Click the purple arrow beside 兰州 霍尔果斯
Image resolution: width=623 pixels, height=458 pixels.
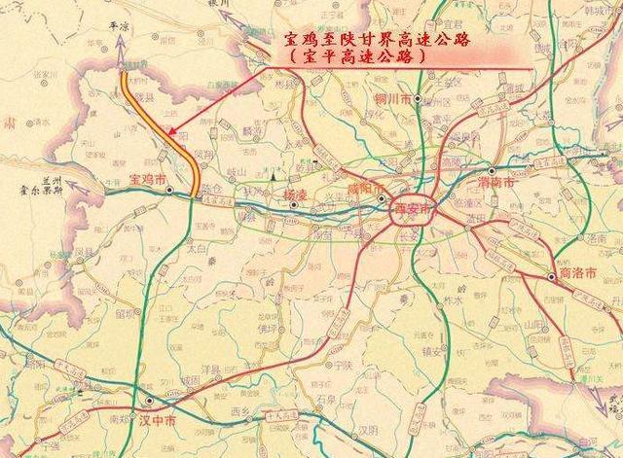point(78,190)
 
